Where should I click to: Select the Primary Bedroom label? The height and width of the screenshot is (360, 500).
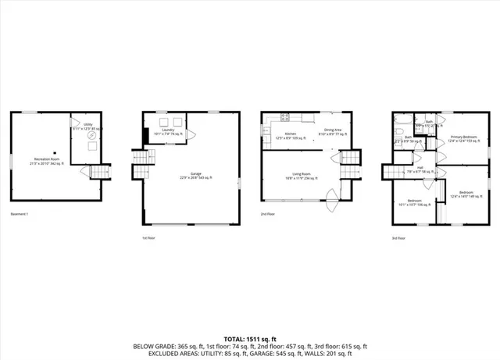coord(462,138)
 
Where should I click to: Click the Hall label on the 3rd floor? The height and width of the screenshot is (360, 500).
coord(419,169)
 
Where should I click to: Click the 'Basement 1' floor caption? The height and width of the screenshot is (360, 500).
coord(20,214)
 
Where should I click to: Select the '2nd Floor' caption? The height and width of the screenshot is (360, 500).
coord(267,214)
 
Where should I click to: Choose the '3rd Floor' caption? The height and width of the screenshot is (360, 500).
coord(398,237)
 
